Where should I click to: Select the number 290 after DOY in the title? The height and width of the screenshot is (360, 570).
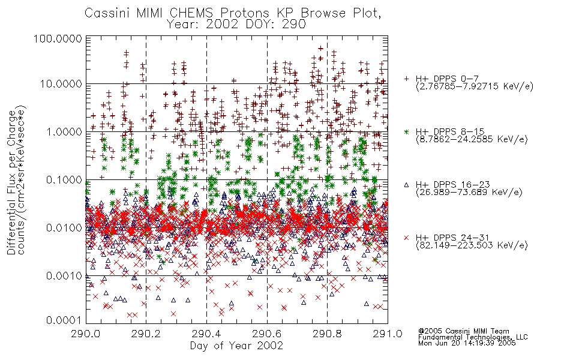(x=293, y=25)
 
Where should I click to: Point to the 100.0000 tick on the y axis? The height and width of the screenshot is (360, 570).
(x=58, y=38)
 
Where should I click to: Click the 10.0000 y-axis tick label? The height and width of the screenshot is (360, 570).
(x=61, y=84)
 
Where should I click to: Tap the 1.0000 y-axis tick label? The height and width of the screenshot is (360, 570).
(x=64, y=131)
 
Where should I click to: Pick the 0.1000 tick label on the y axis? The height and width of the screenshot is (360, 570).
(x=64, y=179)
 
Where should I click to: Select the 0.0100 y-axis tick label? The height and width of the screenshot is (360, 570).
(x=64, y=228)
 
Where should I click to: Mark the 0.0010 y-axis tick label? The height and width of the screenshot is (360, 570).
(x=64, y=276)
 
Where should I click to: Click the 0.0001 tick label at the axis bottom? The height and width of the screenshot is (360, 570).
(x=64, y=320)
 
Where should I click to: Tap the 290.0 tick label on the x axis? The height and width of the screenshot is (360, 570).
(x=86, y=334)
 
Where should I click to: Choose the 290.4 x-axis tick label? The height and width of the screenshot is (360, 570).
(x=206, y=334)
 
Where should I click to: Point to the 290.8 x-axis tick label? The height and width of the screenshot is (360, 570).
(x=327, y=334)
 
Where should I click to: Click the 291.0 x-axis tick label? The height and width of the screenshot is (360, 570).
(x=388, y=334)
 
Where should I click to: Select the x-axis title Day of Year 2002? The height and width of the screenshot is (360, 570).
(x=236, y=346)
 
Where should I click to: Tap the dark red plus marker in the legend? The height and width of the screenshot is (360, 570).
(x=407, y=79)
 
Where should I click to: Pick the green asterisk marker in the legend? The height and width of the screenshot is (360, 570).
(x=407, y=131)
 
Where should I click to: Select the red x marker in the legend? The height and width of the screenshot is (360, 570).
(x=407, y=238)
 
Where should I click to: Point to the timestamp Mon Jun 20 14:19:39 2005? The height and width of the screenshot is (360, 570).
(x=467, y=343)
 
